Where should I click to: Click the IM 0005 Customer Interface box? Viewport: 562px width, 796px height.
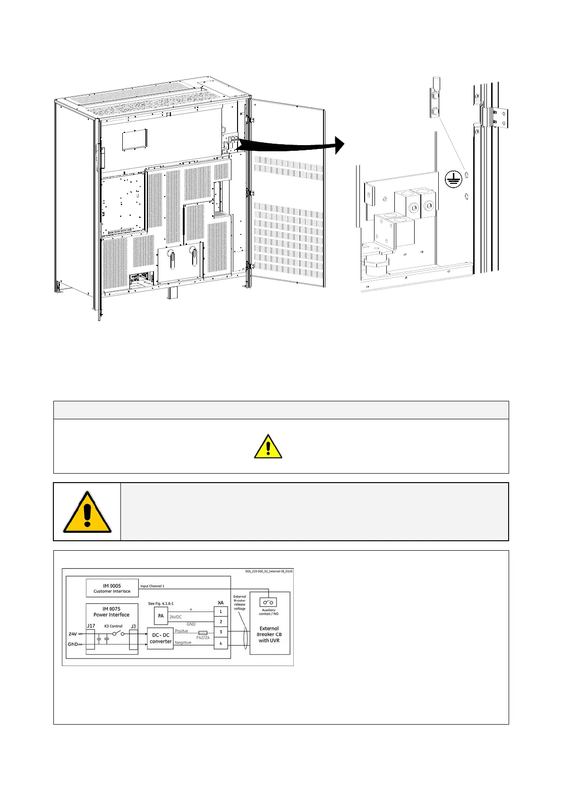(112, 588)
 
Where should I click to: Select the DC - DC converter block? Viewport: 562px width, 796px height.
(160, 638)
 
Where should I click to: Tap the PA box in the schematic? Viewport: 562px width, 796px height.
(161, 616)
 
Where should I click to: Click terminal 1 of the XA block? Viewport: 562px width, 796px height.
(221, 611)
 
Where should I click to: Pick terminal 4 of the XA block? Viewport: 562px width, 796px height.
(221, 643)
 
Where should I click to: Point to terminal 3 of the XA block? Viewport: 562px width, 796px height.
(221, 632)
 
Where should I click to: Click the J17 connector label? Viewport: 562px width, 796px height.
(91, 626)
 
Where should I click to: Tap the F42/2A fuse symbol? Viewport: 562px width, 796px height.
(203, 632)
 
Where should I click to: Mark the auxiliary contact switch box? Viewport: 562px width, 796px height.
(268, 602)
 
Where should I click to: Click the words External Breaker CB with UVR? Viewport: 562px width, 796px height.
(269, 634)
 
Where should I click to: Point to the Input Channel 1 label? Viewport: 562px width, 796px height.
(152, 586)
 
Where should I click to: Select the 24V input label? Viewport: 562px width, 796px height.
(73, 634)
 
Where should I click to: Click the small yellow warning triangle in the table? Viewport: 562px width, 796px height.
(268, 447)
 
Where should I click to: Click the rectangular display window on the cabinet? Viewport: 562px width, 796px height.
(135, 140)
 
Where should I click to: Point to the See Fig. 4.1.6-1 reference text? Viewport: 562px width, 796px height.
(161, 604)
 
